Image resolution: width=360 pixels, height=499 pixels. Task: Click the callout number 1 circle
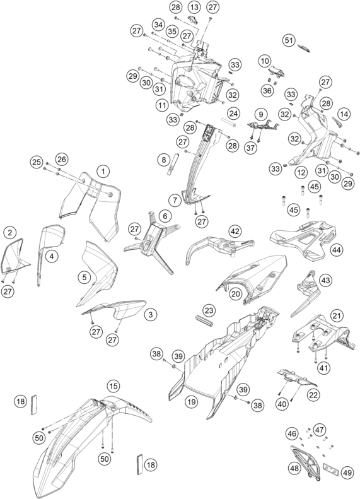pos(103,171)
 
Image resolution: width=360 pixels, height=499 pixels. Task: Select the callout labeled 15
pos(113,386)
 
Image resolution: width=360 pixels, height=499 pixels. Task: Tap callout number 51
pos(289,40)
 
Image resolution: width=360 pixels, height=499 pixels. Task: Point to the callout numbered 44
pos(337,250)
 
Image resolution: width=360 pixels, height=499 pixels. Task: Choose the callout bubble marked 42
pos(235,231)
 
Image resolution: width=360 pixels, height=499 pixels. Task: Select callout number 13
pos(194,7)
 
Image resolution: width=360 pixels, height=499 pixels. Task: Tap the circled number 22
pos(313,395)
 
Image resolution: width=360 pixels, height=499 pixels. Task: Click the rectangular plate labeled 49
pos(330,469)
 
